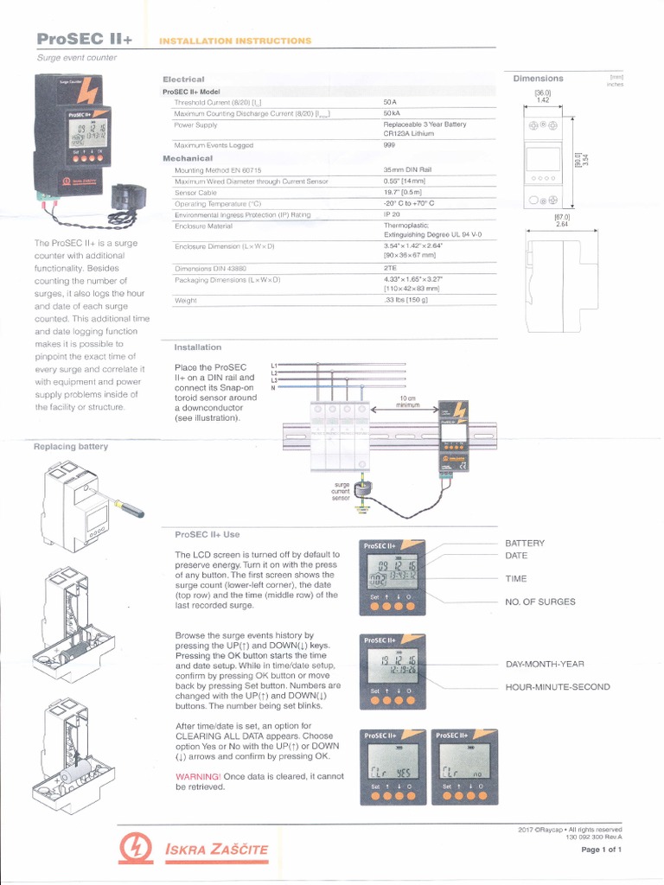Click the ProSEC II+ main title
pyautogui.click(x=83, y=39)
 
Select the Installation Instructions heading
pyautogui.click(x=236, y=41)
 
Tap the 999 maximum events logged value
pyautogui.click(x=390, y=145)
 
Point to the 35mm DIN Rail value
pyautogui.click(x=407, y=170)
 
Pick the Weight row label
pyautogui.click(x=186, y=301)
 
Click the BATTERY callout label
pyautogui.click(x=525, y=543)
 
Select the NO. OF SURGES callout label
pyautogui.click(x=540, y=602)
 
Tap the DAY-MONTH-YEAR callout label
pyautogui.click(x=546, y=664)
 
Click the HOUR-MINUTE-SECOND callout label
pyautogui.click(x=558, y=687)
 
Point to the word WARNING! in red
pyautogui.click(x=198, y=777)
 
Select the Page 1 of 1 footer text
pyautogui.click(x=602, y=850)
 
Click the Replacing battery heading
pyautogui.click(x=71, y=446)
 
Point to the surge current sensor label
pyautogui.click(x=341, y=492)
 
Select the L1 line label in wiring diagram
pyautogui.click(x=275, y=366)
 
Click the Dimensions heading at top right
pyautogui.click(x=538, y=79)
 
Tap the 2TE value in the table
pyautogui.click(x=391, y=268)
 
